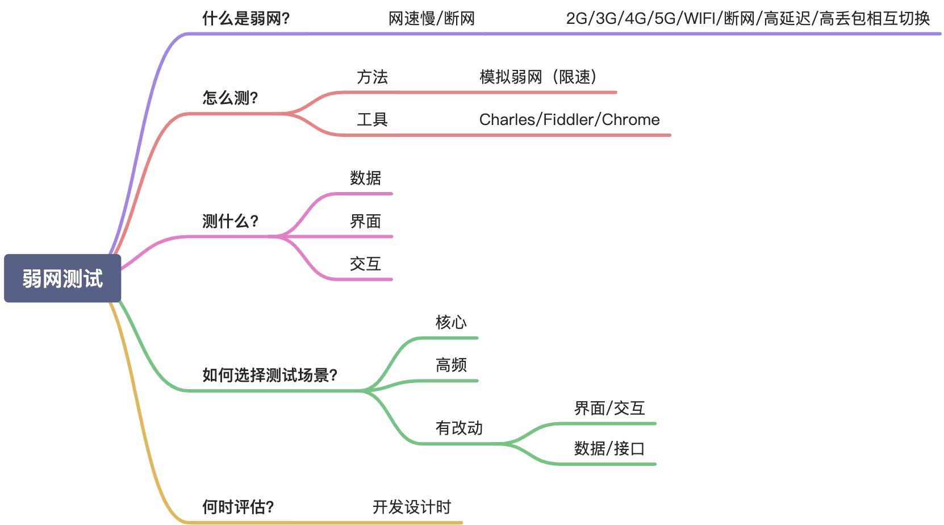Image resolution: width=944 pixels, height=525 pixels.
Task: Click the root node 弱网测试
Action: click(62, 278)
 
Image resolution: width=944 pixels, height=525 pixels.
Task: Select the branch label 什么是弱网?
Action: click(246, 19)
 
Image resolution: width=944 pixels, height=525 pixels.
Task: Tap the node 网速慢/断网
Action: click(432, 19)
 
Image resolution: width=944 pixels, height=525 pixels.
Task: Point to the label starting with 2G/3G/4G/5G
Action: click(747, 19)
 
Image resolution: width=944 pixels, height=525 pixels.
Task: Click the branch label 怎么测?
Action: click(230, 98)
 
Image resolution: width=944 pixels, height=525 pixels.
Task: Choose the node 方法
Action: click(372, 77)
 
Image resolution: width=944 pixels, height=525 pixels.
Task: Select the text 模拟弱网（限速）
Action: click(538, 77)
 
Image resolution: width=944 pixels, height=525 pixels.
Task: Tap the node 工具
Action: click(372, 120)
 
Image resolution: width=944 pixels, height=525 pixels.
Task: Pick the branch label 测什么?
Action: click(230, 221)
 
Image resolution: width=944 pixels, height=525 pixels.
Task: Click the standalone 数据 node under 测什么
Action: click(365, 178)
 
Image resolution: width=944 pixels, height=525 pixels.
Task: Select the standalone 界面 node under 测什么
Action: click(365, 222)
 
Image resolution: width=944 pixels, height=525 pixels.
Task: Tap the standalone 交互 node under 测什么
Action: click(365, 264)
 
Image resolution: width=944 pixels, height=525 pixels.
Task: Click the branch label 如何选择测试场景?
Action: click(270, 375)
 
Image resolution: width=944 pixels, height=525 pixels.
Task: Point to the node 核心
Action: click(451, 323)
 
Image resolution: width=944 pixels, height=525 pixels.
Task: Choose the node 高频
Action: click(451, 365)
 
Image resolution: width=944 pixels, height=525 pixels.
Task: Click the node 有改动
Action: click(459, 428)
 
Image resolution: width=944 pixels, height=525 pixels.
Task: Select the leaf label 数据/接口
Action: click(609, 449)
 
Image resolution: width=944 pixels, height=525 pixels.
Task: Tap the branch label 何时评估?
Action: click(238, 507)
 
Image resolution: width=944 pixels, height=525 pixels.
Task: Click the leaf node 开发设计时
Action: click(412, 507)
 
